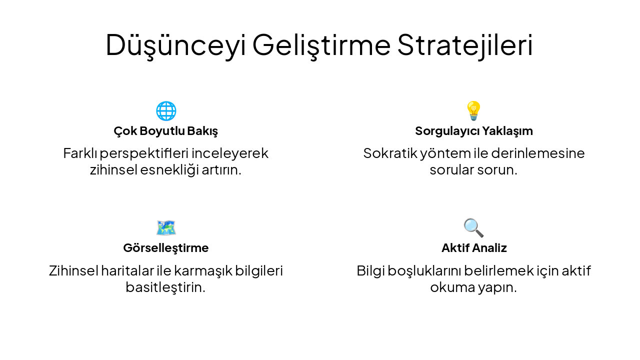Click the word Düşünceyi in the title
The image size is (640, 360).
pos(175,45)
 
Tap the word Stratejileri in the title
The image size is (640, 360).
pos(465,45)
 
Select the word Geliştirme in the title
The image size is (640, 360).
pos(321,45)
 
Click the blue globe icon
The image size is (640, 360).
pos(166,110)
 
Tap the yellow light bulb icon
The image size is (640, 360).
pos(473,110)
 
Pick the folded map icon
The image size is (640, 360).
pos(166,227)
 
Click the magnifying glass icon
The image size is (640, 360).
pos(473,227)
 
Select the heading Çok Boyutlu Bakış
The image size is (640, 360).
pos(166,131)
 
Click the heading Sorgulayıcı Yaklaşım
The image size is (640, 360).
pos(474,131)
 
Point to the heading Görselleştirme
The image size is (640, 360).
pos(166,248)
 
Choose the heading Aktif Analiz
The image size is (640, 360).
pos(474,248)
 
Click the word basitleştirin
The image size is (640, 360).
pos(165,287)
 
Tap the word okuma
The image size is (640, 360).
pos(449,287)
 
